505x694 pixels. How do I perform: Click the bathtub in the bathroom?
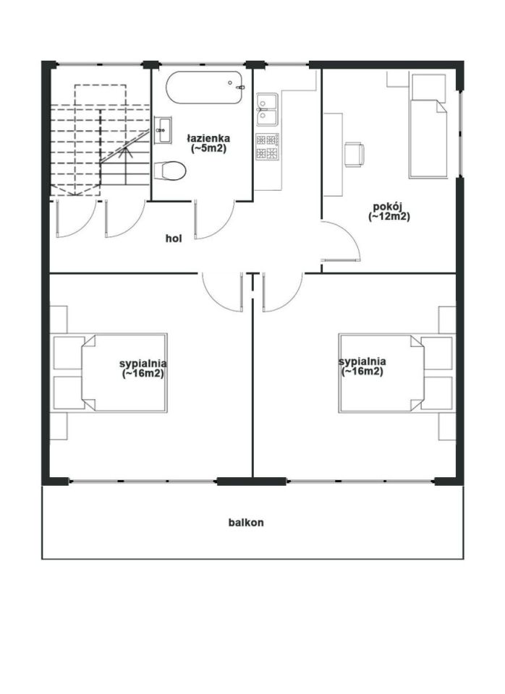(x=204, y=87)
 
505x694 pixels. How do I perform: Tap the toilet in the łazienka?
(x=170, y=171)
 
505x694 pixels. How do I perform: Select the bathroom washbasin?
(x=163, y=130)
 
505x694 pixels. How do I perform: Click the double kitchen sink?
(x=267, y=109)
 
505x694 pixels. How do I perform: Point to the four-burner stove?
(x=267, y=147)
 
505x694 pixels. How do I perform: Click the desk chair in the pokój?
(x=355, y=154)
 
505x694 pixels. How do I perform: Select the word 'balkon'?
(x=246, y=522)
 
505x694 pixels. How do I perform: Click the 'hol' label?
(x=174, y=239)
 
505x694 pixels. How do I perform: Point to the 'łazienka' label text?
(x=208, y=139)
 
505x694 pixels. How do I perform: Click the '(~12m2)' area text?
(x=389, y=216)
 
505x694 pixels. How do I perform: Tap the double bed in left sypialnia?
(x=124, y=373)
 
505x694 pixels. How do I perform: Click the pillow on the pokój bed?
(x=429, y=87)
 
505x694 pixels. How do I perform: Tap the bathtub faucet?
(x=240, y=87)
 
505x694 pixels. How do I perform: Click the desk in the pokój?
(x=333, y=155)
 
